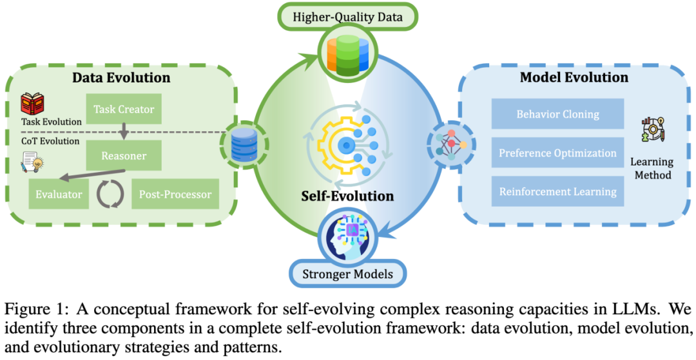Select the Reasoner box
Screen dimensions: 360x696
124,156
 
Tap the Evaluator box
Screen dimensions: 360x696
58,194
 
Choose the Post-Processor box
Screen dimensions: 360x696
171,194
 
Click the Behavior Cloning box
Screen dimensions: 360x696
557,114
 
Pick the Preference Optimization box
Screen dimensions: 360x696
557,153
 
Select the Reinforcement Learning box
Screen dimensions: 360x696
557,191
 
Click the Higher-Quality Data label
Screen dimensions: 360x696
347,17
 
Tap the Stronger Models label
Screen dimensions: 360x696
348,275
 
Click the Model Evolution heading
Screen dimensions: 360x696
574,77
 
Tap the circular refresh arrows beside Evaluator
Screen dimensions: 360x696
108,193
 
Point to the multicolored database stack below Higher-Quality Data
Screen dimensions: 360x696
347,53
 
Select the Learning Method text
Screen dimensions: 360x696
652,168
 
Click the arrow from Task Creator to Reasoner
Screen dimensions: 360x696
124,133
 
